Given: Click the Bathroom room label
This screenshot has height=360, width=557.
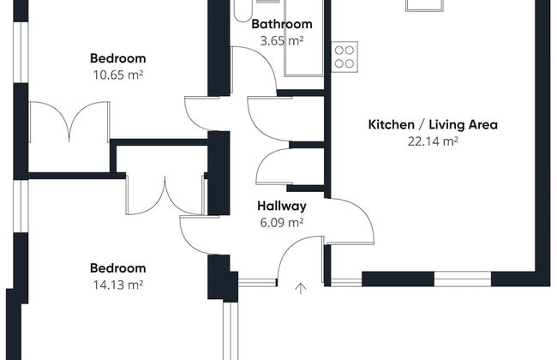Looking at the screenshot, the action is pos(282,24).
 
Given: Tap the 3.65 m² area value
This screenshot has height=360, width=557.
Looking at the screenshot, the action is pos(282,40).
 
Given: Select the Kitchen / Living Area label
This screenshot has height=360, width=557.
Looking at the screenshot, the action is pos(433,125).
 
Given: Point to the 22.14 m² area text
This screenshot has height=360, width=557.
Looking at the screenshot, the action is pos(433,141).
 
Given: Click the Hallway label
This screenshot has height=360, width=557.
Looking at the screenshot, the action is pos(282,206).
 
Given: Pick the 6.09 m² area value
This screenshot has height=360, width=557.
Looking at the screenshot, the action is pos(282,223).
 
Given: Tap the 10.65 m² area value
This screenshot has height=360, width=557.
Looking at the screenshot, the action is pos(118,75).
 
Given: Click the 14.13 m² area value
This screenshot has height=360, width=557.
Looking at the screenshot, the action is pos(118,285).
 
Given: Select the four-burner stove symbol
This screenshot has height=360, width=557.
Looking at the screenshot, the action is pos(344,57).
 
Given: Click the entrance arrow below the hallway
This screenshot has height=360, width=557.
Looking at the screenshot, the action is pos(301,288).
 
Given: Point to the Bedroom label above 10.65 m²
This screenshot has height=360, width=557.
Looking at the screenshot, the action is pos(118,58).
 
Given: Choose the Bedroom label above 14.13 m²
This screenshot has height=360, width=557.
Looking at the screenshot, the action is pos(118,268).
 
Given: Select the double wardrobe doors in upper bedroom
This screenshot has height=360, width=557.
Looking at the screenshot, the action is pos(69,121).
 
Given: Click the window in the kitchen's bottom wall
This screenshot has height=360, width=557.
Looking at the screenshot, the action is pos(463,279).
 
